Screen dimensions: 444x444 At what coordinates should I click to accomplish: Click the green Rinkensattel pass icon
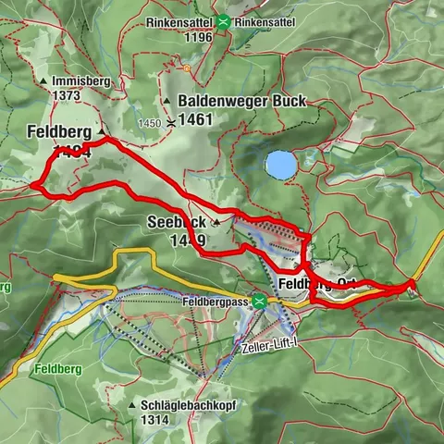(225, 20)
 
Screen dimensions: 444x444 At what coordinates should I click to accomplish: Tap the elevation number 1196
(198, 36)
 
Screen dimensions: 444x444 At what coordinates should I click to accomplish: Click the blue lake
(280, 165)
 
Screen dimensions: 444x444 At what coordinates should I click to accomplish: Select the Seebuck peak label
(176, 222)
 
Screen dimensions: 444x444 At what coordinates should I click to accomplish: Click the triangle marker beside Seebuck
(217, 223)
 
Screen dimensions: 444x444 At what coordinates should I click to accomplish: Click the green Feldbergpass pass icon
(261, 301)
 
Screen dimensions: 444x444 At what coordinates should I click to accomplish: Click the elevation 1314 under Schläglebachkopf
(161, 419)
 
